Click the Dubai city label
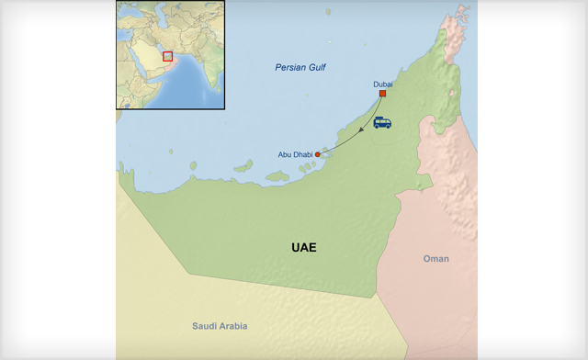coord(382,84)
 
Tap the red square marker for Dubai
coord(382,94)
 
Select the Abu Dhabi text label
coord(295,154)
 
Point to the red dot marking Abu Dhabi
coord(318,154)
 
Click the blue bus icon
coord(382,122)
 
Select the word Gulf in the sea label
coord(317,68)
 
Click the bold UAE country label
coord(303,247)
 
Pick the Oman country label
coord(435,259)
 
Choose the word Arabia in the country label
coord(232,326)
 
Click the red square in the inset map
coord(167,56)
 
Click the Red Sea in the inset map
coord(135,66)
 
